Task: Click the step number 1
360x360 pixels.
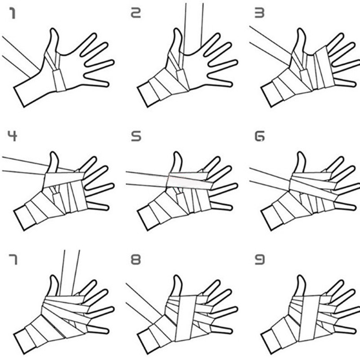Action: coord(13,13)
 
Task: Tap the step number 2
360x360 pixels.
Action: coord(135,13)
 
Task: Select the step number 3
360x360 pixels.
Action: coord(260,13)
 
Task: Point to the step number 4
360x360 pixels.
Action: coord(13,136)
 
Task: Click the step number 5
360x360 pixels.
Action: coord(136,136)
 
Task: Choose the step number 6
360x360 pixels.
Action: coord(260,136)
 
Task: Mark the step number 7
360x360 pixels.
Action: coord(13,260)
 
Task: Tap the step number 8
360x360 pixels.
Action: coord(136,260)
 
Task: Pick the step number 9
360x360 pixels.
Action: coord(260,260)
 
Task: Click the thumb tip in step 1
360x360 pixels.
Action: coord(54,29)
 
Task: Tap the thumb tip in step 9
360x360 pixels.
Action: coord(301,276)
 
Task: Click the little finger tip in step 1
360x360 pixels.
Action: coord(107,84)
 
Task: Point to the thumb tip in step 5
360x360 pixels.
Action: coord(177,153)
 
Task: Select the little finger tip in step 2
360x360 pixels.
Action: coord(230,84)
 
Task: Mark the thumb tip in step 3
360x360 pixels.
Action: coord(301,29)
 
